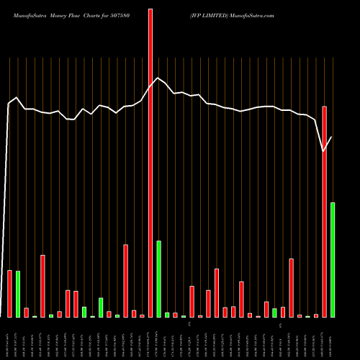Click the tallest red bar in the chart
(x=150, y=163)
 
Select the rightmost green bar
(x=333, y=259)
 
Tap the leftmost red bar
(x=9, y=293)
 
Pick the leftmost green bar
(x=18, y=294)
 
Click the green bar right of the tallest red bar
(x=158, y=279)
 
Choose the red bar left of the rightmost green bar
(x=325, y=212)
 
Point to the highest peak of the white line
(x=158, y=78)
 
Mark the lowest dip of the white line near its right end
(x=324, y=151)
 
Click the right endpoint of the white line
(x=332, y=137)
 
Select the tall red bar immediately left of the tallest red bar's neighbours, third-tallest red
(x=125, y=281)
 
